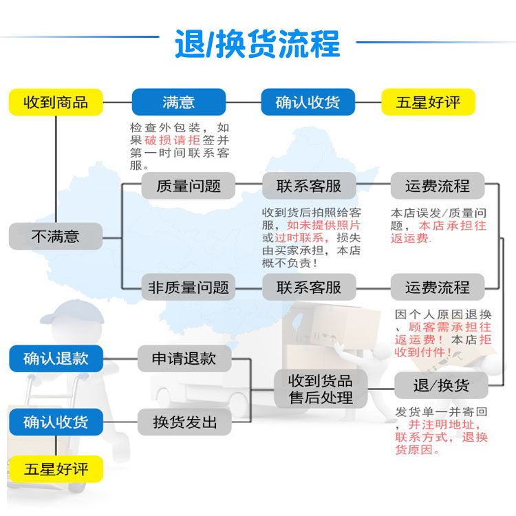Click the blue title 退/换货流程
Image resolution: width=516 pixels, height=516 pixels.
pyautogui.click(x=257, y=44)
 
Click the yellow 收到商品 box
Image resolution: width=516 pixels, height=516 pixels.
pyautogui.click(x=56, y=102)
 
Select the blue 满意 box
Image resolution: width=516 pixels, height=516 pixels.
pyautogui.click(x=179, y=102)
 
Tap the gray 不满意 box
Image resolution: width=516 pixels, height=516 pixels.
pyautogui.click(x=56, y=236)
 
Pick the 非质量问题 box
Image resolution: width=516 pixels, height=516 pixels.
pyautogui.click(x=189, y=287)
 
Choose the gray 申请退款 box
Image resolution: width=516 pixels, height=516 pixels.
pyautogui.click(x=184, y=358)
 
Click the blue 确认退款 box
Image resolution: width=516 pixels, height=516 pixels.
pyautogui.click(x=56, y=358)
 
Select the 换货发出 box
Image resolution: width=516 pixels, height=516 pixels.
pyautogui.click(x=184, y=422)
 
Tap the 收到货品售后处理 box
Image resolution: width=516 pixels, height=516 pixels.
pyautogui.click(x=321, y=389)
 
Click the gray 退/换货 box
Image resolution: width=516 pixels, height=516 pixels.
pyautogui.click(x=441, y=385)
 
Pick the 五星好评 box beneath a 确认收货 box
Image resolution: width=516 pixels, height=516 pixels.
pyautogui.click(x=56, y=469)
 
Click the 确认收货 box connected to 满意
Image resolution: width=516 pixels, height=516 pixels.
pyautogui.click(x=308, y=102)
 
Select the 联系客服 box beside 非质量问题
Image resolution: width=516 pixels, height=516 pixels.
pyautogui.click(x=309, y=287)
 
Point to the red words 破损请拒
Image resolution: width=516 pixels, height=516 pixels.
pyautogui.click(x=173, y=140)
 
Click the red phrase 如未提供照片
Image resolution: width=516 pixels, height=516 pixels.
pyautogui.click(x=323, y=225)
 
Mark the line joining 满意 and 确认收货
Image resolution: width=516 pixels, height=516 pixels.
pyautogui.click(x=244, y=103)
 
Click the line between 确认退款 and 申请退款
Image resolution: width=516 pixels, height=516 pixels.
pyautogui.click(x=120, y=358)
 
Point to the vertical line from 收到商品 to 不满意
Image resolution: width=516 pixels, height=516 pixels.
pyautogui.click(x=56, y=169)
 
